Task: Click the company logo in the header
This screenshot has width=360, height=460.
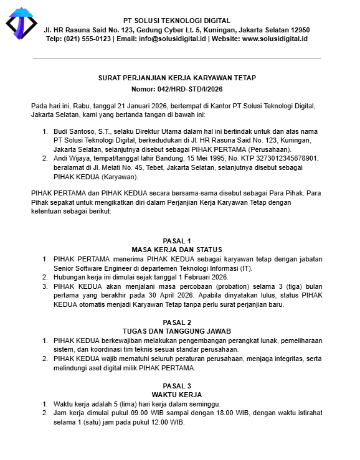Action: [x=21, y=24]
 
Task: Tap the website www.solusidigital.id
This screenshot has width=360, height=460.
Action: [x=275, y=39]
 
